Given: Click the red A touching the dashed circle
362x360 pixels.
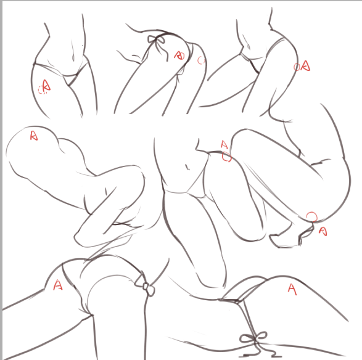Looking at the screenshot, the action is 46,85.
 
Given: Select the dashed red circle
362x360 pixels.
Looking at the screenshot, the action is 43,90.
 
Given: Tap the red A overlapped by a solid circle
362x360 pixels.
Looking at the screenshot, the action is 179,55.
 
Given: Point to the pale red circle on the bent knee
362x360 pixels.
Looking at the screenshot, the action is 201,60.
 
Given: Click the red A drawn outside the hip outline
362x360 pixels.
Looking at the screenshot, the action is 306,65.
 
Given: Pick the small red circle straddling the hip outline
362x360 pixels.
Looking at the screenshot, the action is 297,67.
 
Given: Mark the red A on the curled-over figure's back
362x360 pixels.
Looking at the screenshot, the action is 34,136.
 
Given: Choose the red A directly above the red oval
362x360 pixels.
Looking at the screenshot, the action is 224,144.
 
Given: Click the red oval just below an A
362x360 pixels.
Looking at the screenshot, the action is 226,157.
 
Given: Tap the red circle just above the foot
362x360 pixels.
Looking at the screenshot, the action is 312,217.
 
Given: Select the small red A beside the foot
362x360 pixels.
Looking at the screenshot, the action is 323,231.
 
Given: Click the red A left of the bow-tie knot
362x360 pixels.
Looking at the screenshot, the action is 58,285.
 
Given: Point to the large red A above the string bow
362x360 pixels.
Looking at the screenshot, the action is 292,289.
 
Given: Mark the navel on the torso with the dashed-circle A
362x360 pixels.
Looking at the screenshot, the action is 73,57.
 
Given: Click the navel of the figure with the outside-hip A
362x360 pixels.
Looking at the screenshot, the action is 249,46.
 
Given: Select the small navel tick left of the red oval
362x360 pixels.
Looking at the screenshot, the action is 187,168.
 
